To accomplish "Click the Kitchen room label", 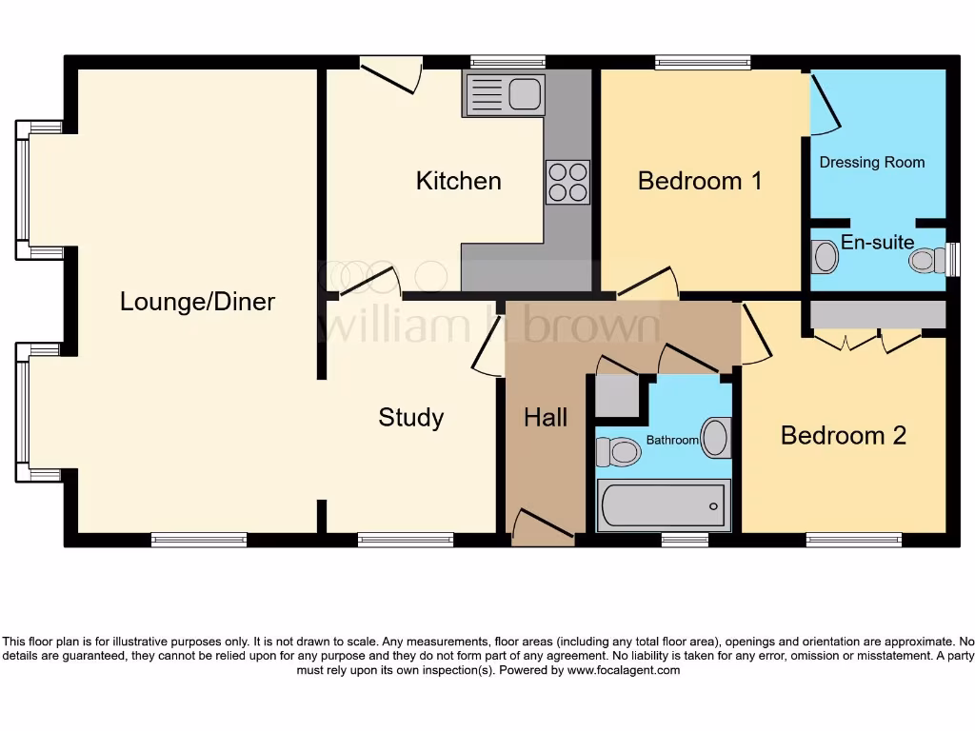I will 458,181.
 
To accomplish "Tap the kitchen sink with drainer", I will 504,95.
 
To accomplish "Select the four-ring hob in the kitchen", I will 567,182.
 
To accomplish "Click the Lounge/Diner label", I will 197,302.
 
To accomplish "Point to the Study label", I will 411,417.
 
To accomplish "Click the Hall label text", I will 546,417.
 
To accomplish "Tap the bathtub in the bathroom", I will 663,504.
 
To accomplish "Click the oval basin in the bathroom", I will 715,438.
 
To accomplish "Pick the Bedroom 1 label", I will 700,181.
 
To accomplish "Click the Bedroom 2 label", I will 843,435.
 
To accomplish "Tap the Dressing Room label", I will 872,162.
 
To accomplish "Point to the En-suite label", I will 877,242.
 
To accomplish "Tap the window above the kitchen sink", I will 507,63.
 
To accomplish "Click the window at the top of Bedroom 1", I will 703,63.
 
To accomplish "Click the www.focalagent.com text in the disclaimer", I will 624,670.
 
